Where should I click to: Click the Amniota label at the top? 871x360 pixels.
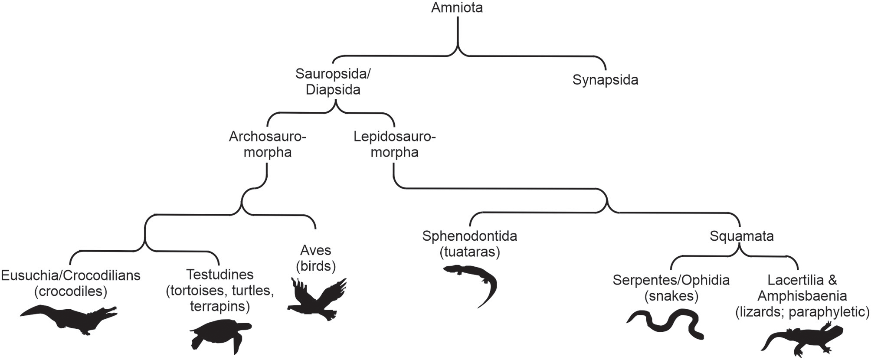[x=457, y=8]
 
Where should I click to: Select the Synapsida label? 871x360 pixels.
[x=605, y=80]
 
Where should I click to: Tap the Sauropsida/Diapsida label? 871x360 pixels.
[x=333, y=82]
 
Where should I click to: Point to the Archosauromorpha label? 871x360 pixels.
[x=267, y=144]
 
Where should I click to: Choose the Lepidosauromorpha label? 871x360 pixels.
[x=394, y=144]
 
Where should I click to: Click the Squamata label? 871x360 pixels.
[x=741, y=236]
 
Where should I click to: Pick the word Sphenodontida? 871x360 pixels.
[x=469, y=236]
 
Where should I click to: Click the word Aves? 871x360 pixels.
[x=315, y=250]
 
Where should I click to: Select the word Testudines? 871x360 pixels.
[x=219, y=275]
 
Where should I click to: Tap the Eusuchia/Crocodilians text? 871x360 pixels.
[x=71, y=275]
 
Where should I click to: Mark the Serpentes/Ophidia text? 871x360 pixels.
[x=671, y=280]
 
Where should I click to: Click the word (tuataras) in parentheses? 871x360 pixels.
[x=469, y=252]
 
